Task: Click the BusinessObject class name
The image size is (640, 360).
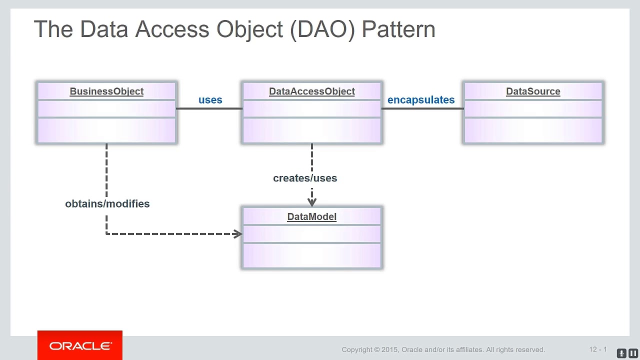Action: tap(106, 91)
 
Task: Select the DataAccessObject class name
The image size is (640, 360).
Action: tap(311, 91)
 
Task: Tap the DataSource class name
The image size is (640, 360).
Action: tap(533, 91)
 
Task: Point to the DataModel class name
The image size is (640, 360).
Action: tap(311, 216)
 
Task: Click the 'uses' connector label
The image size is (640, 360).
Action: tap(210, 100)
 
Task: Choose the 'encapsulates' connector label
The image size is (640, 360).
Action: tap(420, 100)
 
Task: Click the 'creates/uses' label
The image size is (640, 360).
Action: tap(305, 178)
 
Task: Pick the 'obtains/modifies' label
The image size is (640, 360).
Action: tap(107, 203)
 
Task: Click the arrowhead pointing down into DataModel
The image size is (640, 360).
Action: tap(312, 202)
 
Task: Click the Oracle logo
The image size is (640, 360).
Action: tap(80, 346)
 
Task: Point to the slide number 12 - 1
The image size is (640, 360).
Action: tap(597, 349)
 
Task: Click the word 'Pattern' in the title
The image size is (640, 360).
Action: tap(398, 29)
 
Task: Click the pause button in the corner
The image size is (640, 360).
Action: tap(633, 353)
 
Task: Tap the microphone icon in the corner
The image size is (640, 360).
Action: tap(621, 353)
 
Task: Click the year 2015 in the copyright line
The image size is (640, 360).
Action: tap(390, 349)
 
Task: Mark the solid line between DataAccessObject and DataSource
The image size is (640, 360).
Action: tap(422, 108)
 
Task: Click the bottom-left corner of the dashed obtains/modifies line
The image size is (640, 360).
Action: tap(106, 233)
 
